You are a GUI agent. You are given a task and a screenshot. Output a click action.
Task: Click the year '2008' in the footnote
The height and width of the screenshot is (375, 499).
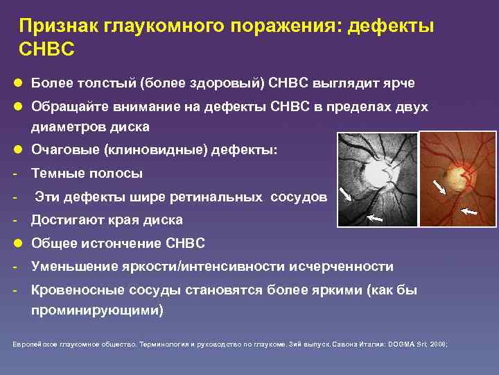click(437, 344)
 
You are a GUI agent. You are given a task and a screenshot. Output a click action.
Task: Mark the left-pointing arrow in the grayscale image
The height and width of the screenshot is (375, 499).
click(374, 218)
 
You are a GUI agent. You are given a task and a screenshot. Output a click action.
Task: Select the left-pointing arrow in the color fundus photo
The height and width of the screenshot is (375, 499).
click(469, 210)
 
